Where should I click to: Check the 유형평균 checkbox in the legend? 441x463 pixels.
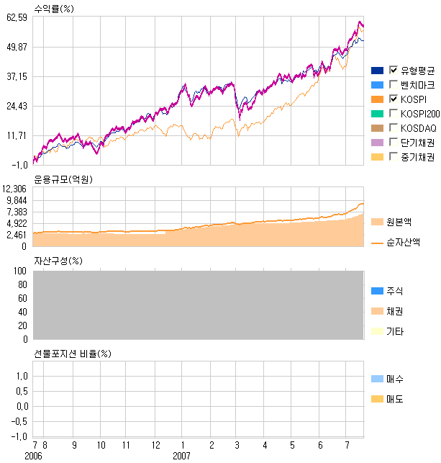click(x=394, y=70)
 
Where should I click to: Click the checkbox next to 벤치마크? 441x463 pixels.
click(x=394, y=84)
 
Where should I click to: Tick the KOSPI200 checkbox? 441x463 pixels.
click(x=394, y=113)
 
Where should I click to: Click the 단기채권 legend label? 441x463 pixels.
click(x=418, y=142)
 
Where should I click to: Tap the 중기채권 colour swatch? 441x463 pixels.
click(x=377, y=157)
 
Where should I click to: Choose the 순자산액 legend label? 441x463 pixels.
click(x=404, y=243)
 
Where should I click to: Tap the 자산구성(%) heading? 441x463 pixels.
click(x=58, y=261)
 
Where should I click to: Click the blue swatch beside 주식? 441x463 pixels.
click(x=377, y=291)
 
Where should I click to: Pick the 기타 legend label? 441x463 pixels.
click(x=395, y=331)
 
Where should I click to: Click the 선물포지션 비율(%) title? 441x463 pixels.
click(x=73, y=354)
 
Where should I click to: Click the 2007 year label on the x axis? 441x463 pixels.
click(x=181, y=456)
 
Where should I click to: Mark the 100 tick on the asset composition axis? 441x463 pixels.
click(x=20, y=271)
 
